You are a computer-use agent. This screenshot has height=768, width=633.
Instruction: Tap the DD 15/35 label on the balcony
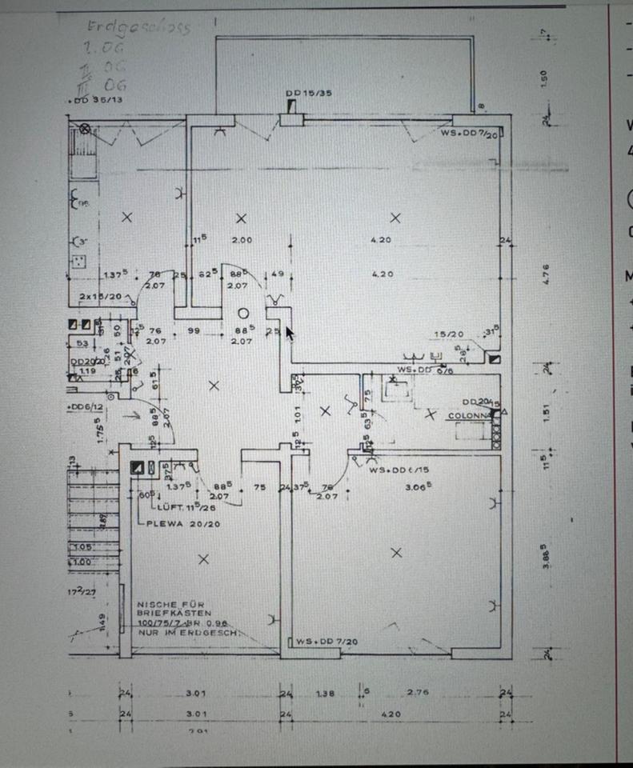[x=308, y=93]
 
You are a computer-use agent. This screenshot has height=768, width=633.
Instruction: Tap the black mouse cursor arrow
[x=289, y=333]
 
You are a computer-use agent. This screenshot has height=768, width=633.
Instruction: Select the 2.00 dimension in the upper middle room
[x=241, y=240]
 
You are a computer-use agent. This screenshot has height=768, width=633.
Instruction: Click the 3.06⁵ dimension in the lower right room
[x=418, y=486]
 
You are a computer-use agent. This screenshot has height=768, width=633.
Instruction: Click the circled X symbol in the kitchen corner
[x=85, y=128]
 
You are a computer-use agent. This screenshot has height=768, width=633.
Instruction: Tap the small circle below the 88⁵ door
[x=244, y=314]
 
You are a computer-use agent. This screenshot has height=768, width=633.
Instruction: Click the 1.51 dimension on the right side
[x=543, y=413]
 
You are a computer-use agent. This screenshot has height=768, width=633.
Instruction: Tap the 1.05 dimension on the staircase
[x=82, y=547]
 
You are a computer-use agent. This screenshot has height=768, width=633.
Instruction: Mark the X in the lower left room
[x=203, y=559]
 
